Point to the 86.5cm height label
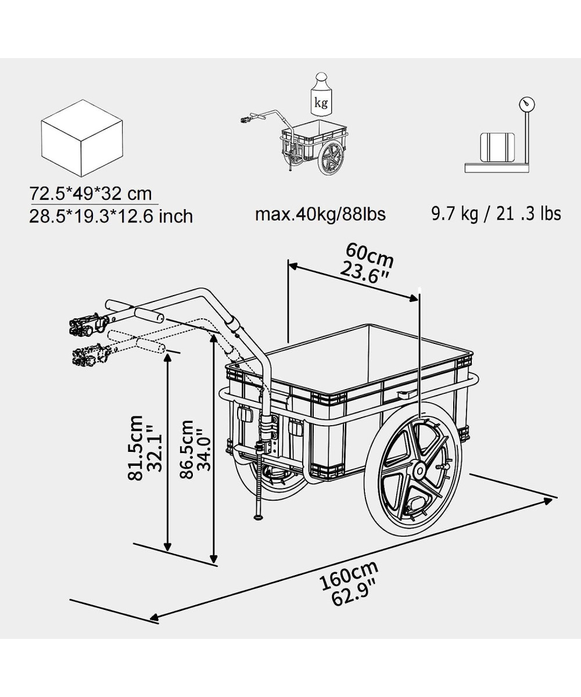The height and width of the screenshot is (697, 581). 187,449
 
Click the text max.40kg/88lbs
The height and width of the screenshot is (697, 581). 320,214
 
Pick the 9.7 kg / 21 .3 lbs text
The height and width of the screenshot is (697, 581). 496,214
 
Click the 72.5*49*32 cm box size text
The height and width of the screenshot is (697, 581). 91,193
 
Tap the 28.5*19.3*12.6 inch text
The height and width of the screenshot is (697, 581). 111,216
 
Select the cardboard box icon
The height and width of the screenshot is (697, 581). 82,138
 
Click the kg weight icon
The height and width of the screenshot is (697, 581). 321,95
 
